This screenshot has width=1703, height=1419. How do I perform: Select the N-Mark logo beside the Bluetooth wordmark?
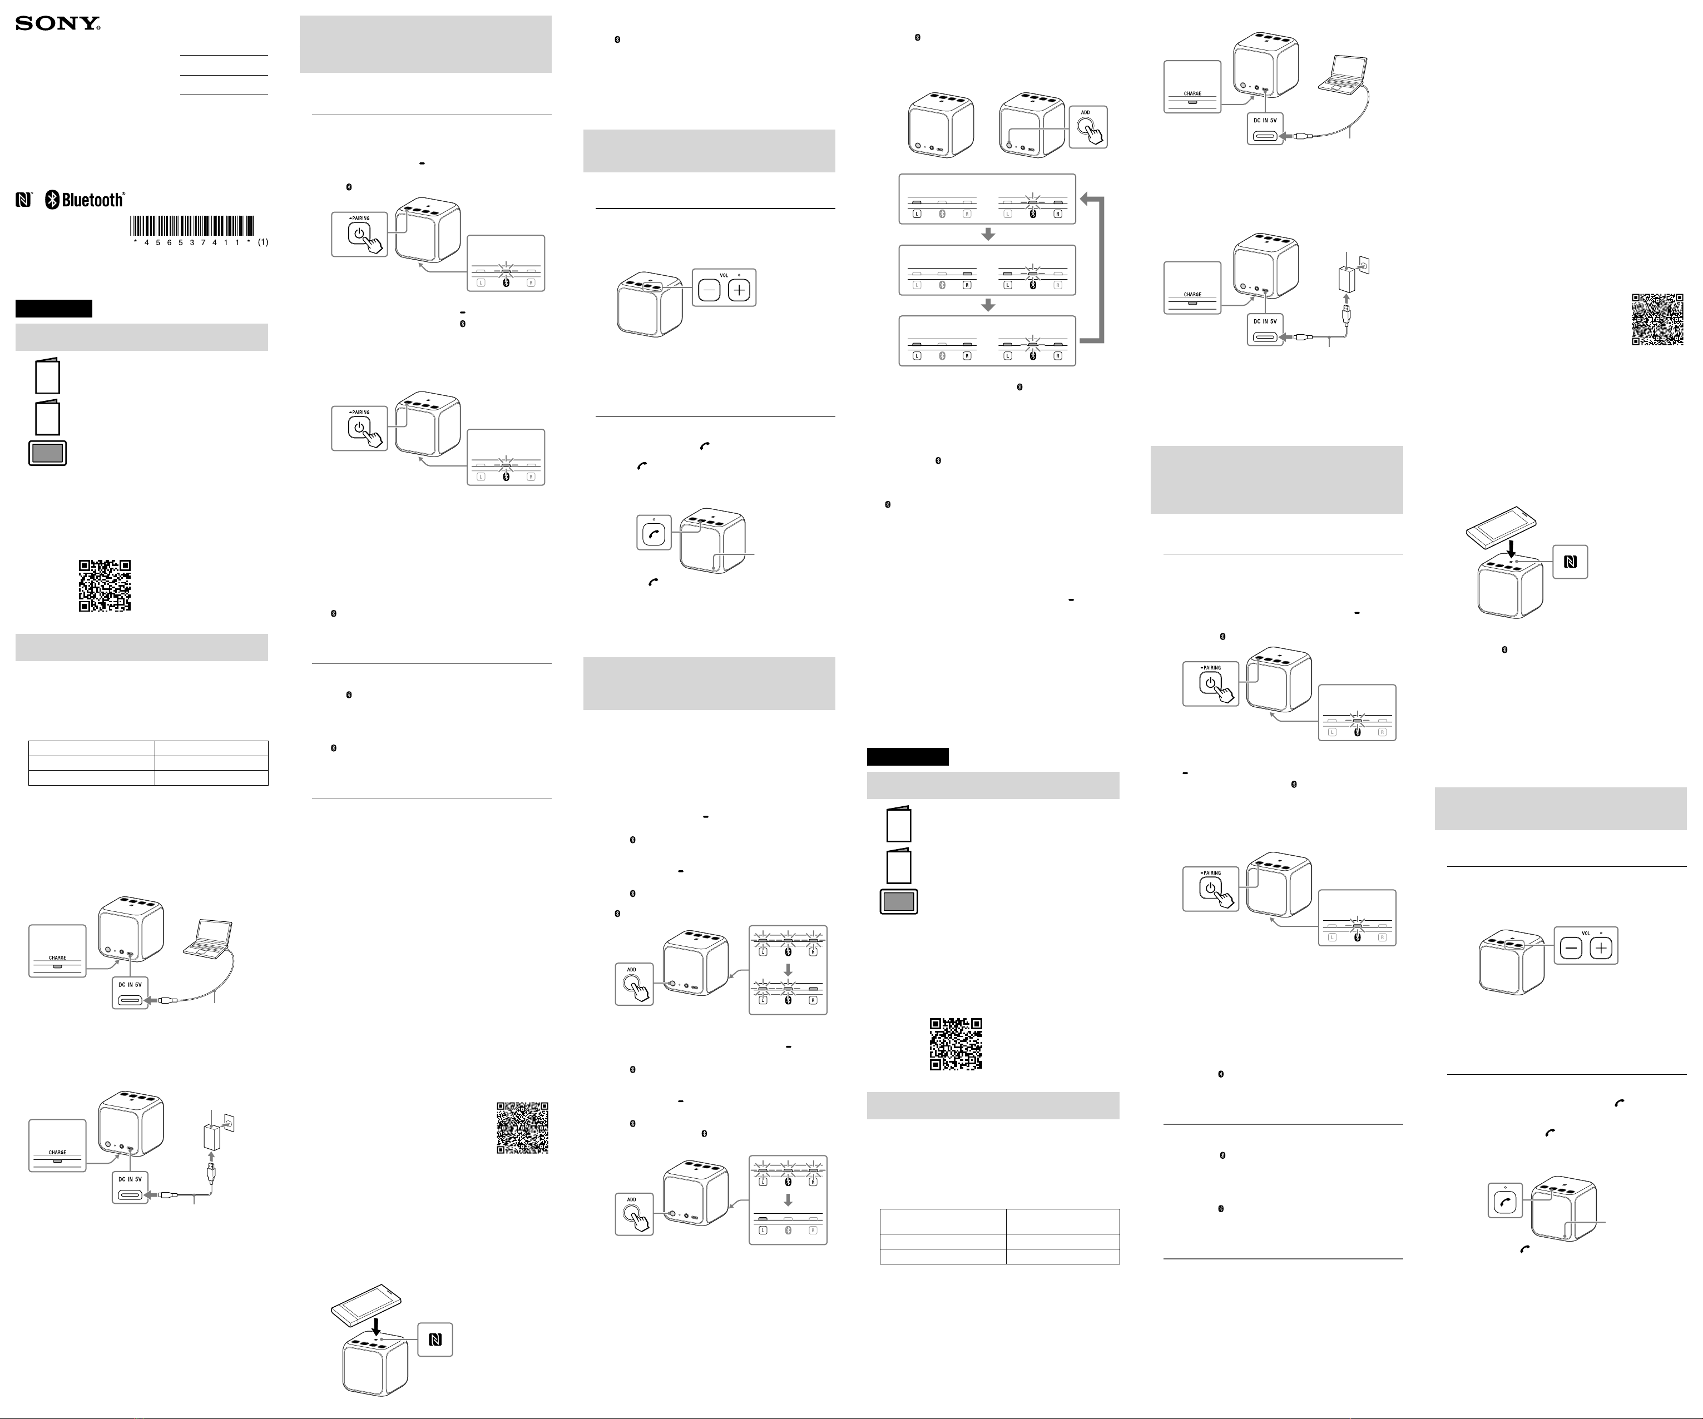(23, 200)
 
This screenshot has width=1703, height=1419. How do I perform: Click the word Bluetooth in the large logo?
(92, 200)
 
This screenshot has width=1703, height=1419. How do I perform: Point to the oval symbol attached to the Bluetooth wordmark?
(52, 200)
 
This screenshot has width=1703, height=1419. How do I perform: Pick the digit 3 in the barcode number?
(192, 242)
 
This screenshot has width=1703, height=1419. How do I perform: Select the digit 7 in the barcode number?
(204, 242)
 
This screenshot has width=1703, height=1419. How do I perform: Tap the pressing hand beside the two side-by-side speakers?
(1091, 133)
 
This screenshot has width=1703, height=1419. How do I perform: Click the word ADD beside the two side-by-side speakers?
(1085, 113)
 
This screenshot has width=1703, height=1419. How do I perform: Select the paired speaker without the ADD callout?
(940, 126)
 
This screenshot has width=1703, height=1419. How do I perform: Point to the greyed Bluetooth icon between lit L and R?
(942, 356)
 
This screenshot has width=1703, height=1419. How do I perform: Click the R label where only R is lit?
(967, 285)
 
